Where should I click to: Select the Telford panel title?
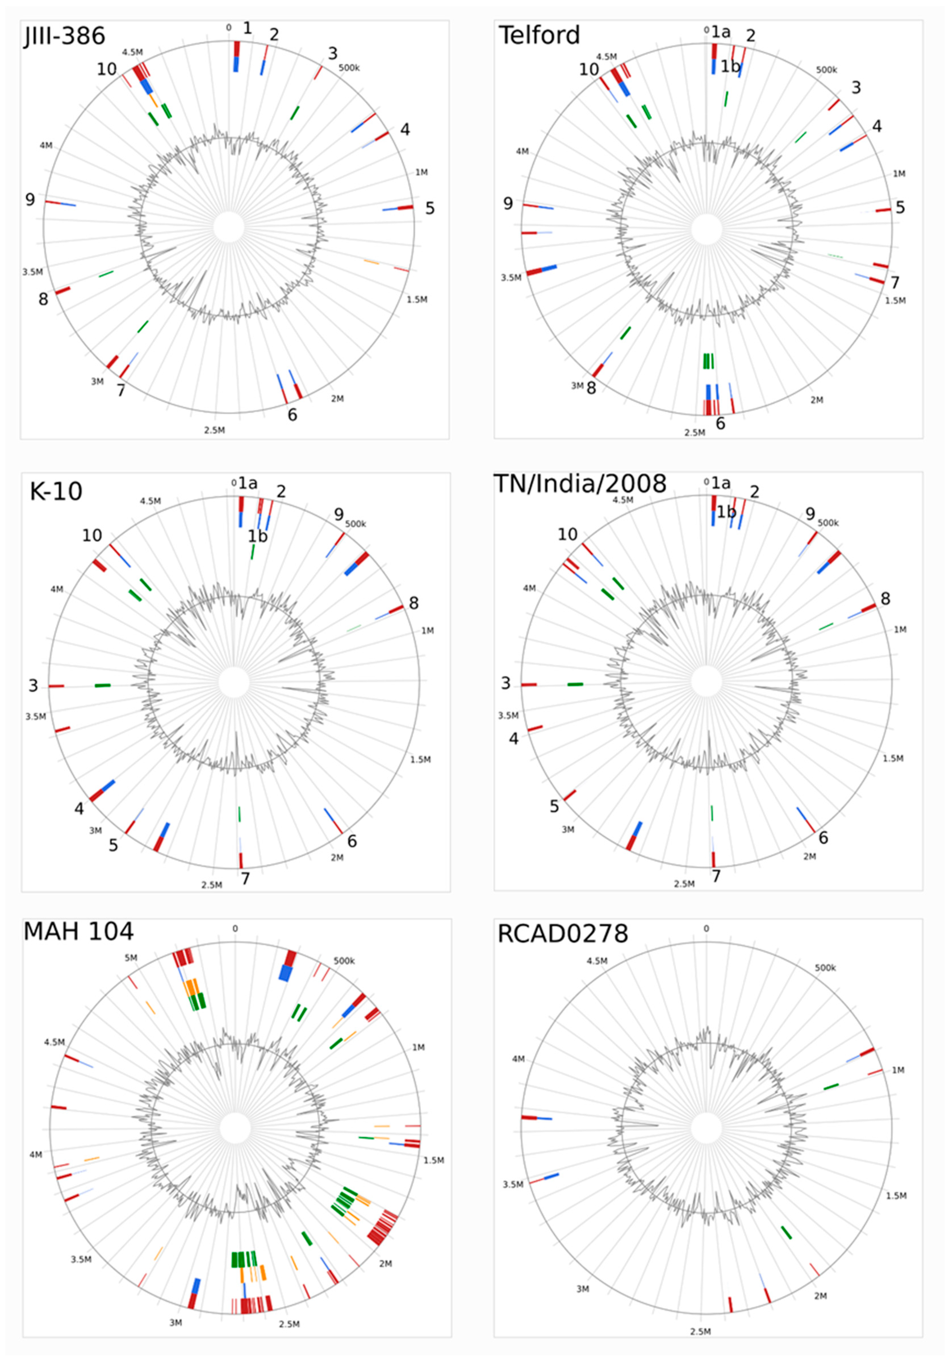539,35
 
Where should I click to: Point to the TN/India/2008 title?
580,484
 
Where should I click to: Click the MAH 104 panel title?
78,931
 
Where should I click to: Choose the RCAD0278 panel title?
562,934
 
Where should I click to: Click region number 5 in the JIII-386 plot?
430,208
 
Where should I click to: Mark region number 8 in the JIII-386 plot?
43,299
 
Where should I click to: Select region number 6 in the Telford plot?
720,423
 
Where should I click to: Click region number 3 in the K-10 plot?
33,686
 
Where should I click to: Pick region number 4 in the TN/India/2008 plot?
513,739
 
